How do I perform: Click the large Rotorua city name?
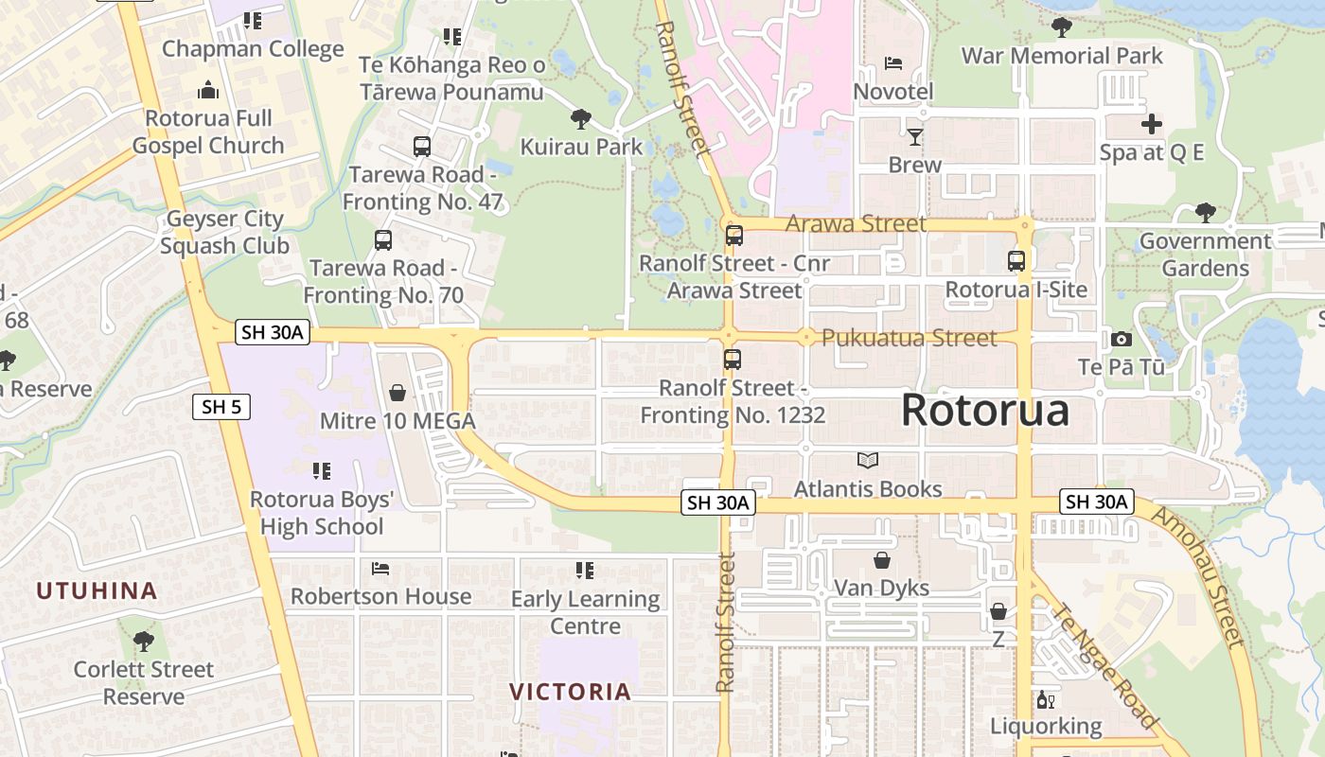point(984,411)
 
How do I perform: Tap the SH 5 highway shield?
point(221,407)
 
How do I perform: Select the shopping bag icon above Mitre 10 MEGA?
point(397,392)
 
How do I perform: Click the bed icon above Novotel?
point(892,64)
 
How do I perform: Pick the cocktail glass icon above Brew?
point(914,137)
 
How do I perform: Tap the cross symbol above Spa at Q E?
point(1152,124)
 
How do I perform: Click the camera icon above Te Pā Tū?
point(1122,339)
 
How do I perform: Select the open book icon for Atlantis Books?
point(868,461)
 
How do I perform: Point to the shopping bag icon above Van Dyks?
point(882,560)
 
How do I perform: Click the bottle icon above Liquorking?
point(1046,700)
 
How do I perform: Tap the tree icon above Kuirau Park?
point(581,119)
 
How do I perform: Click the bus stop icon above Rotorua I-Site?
point(1016,261)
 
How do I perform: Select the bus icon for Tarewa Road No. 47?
point(422,147)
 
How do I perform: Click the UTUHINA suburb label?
point(97,590)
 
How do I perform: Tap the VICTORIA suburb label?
point(571,692)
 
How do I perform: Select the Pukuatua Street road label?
point(909,338)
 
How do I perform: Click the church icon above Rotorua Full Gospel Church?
point(208,91)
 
